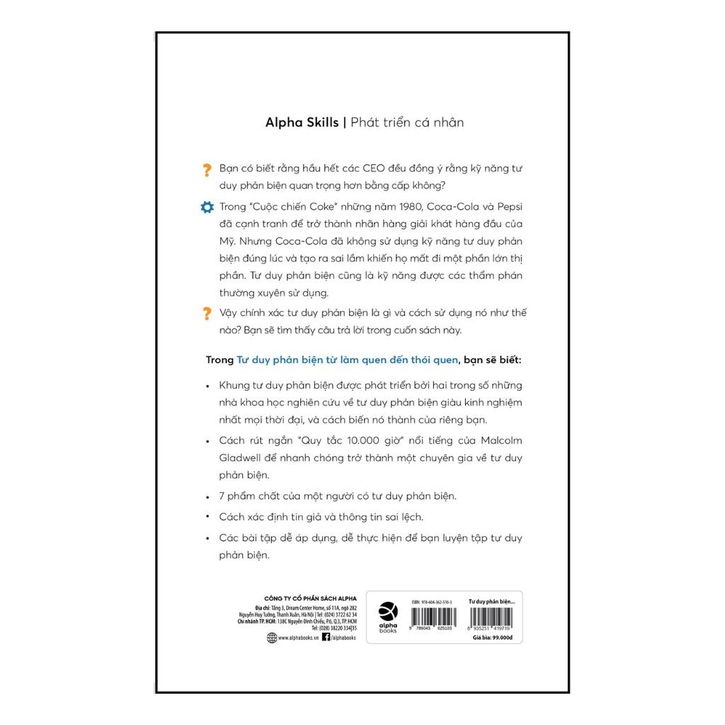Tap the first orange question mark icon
click(x=207, y=170)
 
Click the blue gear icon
click(x=207, y=207)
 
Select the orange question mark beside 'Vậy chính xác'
click(x=207, y=313)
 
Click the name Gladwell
click(x=244, y=457)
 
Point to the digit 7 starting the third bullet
click(x=222, y=496)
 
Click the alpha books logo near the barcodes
click(x=389, y=617)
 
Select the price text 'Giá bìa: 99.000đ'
click(x=496, y=637)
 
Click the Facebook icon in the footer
click(x=326, y=637)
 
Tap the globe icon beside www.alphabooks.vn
click(x=270, y=637)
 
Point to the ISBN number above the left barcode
click(x=436, y=601)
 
